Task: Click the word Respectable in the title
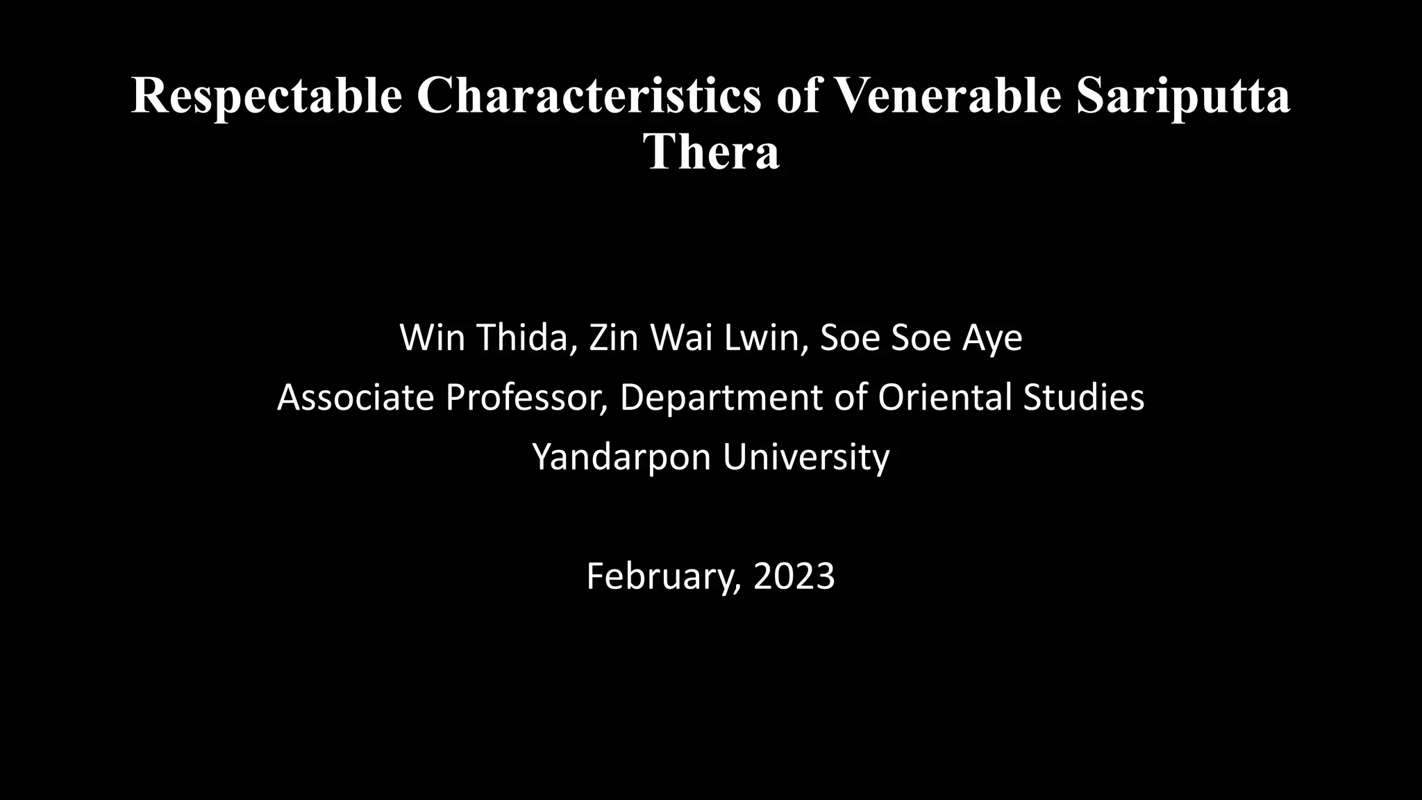267,96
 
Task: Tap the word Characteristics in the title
589,96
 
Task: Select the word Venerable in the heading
948,96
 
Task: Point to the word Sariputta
1183,96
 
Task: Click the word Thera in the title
711,151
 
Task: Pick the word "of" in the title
797,96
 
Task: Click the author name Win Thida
483,338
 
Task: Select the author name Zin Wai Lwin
694,338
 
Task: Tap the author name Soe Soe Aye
921,338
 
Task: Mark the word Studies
1084,398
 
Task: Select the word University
805,458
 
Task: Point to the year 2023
794,576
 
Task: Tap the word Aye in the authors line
992,338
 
